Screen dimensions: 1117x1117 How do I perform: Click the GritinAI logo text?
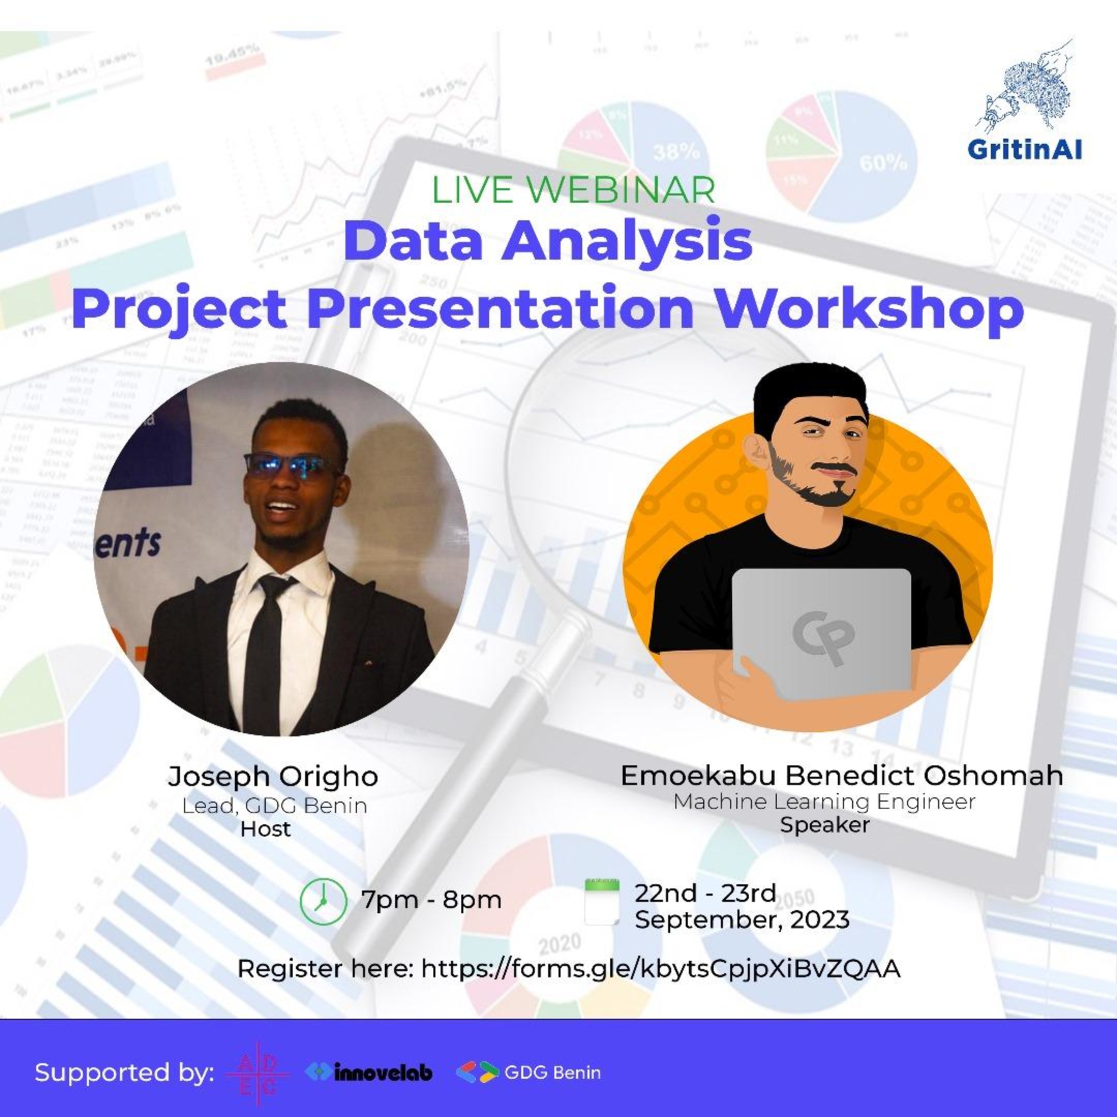(1024, 150)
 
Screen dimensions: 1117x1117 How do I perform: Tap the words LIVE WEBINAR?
(573, 190)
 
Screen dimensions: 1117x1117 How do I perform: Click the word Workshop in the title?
(869, 308)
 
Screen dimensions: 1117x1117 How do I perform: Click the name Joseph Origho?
(273, 776)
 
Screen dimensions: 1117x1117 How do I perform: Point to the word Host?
(265, 829)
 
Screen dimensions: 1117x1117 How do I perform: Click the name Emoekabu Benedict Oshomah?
(841, 775)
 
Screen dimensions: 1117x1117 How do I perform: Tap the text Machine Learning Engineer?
(824, 802)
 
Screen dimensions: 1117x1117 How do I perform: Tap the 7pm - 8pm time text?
(431, 900)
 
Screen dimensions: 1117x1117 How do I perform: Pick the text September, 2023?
(742, 919)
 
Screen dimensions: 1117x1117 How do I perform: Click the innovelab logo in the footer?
(369, 1073)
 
